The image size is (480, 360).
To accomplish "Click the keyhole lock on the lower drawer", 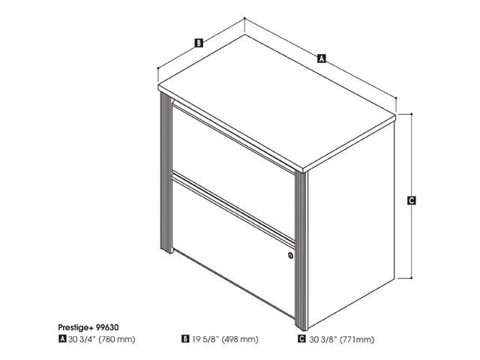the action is [x=290, y=255].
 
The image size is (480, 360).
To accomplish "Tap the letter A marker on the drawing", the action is [x=321, y=58].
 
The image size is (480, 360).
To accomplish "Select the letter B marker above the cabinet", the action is [x=199, y=43].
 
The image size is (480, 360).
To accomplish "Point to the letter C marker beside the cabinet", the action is [x=412, y=200].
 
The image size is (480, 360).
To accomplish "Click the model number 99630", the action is [x=107, y=327].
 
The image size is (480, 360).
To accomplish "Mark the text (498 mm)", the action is [x=240, y=339].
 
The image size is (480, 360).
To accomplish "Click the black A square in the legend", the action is [x=62, y=339].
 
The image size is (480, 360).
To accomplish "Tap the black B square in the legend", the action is [x=185, y=339].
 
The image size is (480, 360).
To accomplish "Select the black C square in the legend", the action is [x=301, y=339].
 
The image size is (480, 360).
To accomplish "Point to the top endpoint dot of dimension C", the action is [x=412, y=114].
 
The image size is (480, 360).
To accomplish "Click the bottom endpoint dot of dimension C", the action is [x=412, y=278].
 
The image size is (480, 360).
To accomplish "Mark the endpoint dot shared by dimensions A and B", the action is [x=244, y=18].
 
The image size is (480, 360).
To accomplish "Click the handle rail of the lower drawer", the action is [x=233, y=208].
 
